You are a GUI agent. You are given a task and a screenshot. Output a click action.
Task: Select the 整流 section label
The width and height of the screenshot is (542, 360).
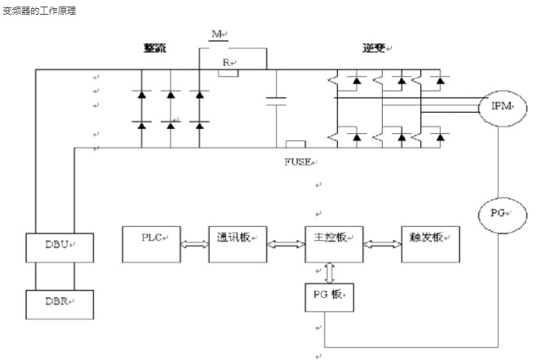(154, 48)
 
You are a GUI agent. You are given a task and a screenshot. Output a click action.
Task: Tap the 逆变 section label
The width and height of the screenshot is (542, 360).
(375, 48)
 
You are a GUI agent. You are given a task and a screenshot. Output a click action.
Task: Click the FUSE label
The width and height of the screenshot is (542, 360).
(297, 162)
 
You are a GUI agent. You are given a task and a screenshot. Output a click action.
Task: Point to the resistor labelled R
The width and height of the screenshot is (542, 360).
(229, 72)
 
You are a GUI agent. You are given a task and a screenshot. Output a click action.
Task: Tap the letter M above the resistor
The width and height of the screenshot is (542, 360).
(217, 33)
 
